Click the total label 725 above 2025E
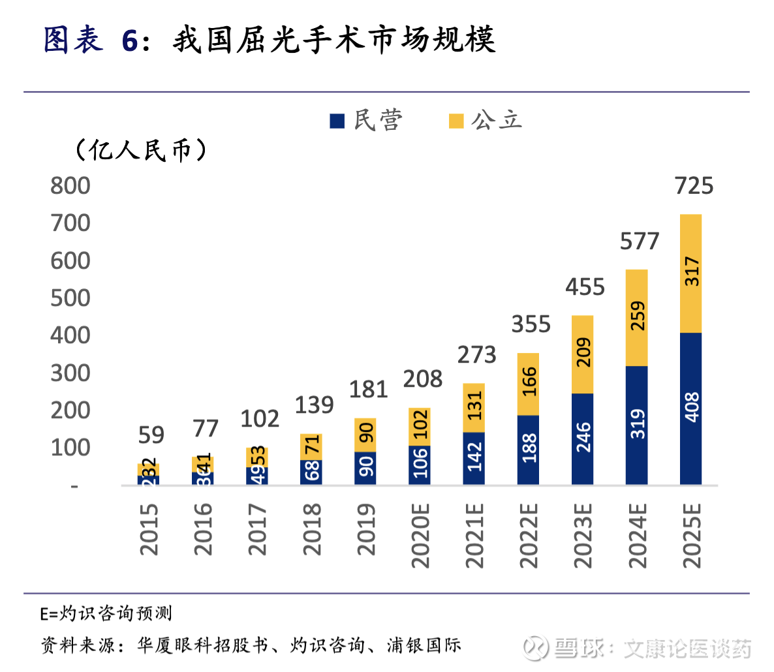point(694,186)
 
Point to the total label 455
point(585,287)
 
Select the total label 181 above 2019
point(368,389)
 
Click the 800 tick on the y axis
point(70,186)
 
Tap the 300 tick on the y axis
point(70,373)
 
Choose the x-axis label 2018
point(312,528)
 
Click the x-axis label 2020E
point(420,535)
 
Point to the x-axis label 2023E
point(583,535)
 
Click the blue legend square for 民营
point(337,121)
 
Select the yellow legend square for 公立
point(456,121)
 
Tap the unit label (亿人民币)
point(141,150)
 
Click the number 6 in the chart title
point(130,40)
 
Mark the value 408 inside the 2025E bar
point(692,406)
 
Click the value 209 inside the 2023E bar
point(583,352)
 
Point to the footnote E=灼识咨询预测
point(106,613)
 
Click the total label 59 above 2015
point(151,435)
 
